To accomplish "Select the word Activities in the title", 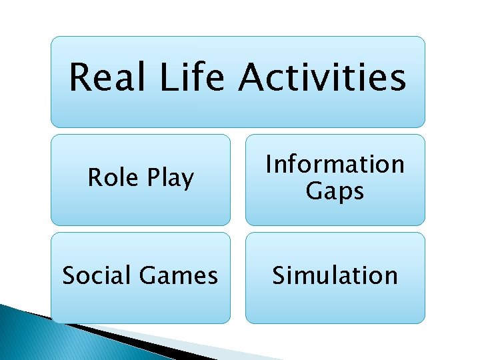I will coord(322,77).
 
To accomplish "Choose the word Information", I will coord(335,164).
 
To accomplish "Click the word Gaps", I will coord(335,191).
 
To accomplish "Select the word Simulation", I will coord(335,275).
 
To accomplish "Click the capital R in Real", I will coord(81,77).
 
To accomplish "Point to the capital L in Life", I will coord(167,77).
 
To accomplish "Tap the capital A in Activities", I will coord(253,77).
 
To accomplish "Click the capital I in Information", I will coord(269,164).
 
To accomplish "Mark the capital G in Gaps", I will coord(313,191).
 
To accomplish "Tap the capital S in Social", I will coord(68,275).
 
